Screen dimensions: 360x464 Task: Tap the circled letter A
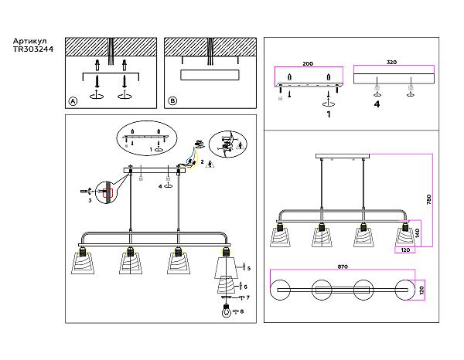tap(73, 101)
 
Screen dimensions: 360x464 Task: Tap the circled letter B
tap(172, 101)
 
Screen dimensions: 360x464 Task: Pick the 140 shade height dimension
tap(418, 232)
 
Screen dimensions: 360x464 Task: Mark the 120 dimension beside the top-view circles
tap(422, 290)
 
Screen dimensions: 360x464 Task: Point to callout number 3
tap(90, 200)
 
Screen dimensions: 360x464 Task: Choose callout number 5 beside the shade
tap(248, 268)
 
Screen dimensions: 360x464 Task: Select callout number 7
tap(248, 297)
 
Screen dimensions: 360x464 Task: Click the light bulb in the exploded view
tap(225, 313)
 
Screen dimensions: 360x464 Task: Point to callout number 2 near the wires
tap(202, 162)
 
